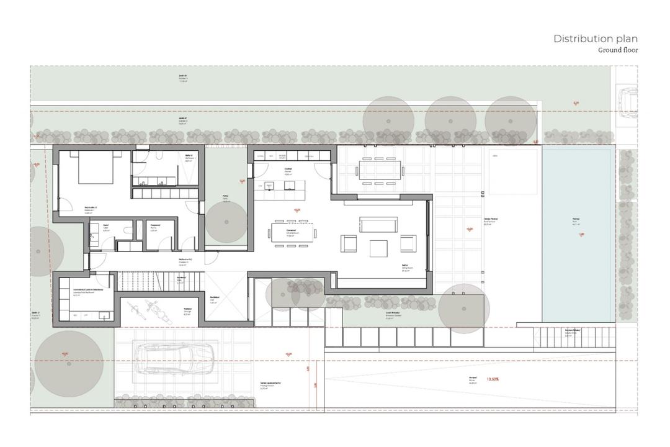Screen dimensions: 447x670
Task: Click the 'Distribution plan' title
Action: click(x=595, y=38)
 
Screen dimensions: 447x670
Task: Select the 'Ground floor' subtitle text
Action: click(x=617, y=50)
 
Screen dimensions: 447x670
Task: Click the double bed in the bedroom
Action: click(x=96, y=168)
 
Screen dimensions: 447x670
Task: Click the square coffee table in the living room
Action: click(x=378, y=248)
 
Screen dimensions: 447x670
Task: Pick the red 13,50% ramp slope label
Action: click(x=494, y=379)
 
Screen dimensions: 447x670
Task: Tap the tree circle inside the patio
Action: click(x=226, y=222)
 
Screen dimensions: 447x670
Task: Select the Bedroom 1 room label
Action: click(x=91, y=209)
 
